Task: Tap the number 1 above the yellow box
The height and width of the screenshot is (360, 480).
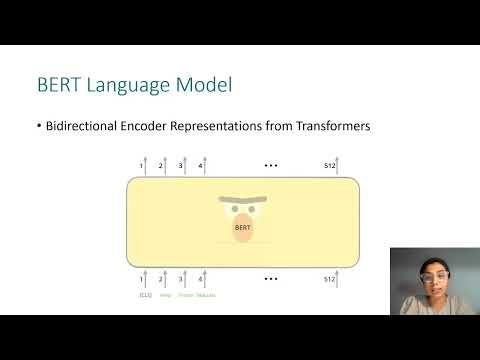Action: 141,165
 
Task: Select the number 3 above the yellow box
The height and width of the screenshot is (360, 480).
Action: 180,165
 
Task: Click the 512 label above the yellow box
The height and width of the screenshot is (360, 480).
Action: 330,165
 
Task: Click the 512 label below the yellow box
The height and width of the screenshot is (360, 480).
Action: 330,279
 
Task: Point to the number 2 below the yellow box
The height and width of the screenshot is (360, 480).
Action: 160,279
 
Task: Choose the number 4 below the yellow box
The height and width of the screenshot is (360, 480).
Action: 200,279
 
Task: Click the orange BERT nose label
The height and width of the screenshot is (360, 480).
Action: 241,227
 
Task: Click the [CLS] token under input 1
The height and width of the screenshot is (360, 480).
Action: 143,295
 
